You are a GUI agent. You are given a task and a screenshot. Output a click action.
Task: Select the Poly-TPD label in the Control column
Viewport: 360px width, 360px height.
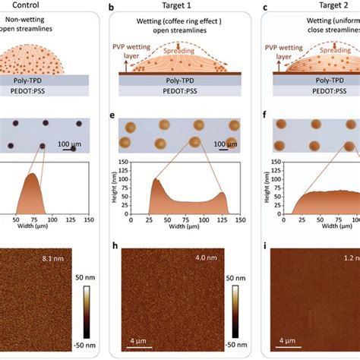point(46,80)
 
